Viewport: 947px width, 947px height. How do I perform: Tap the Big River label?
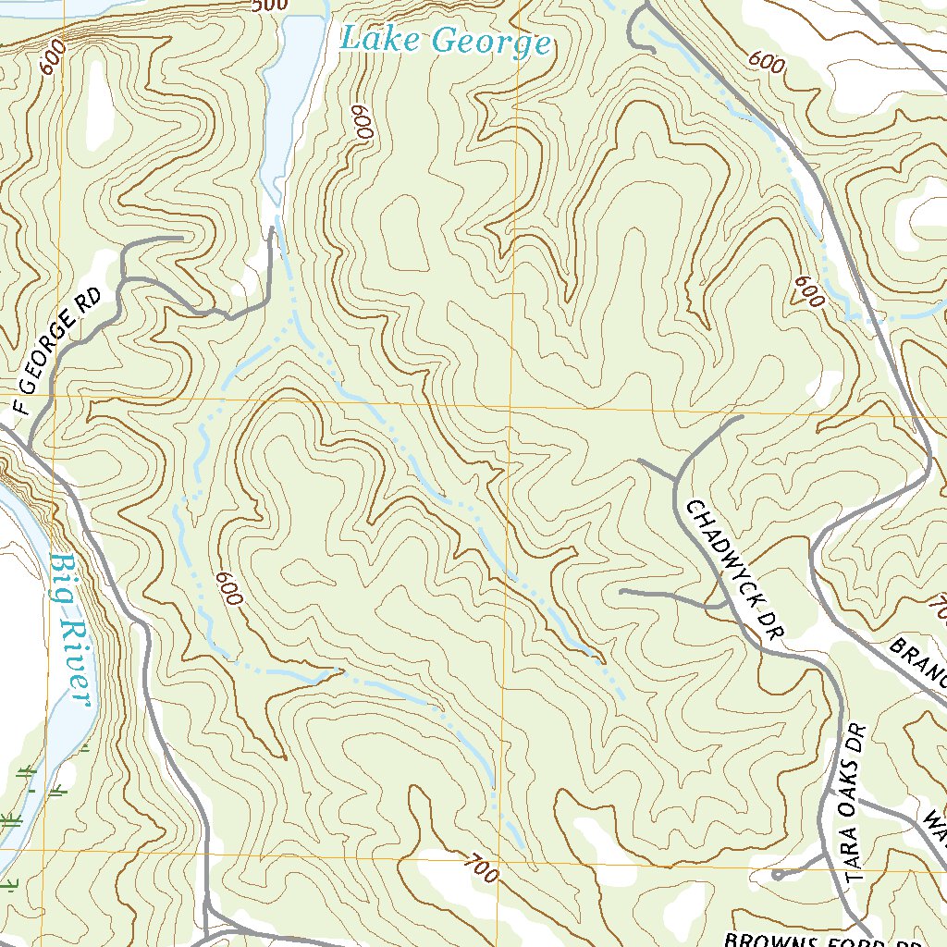71,629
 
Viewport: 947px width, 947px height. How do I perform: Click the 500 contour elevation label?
269,6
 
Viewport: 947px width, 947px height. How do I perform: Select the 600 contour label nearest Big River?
228,588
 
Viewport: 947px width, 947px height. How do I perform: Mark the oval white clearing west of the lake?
98,106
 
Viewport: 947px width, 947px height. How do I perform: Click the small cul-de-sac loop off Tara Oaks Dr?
779,873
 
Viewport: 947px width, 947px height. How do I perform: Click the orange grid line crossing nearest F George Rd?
54,400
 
